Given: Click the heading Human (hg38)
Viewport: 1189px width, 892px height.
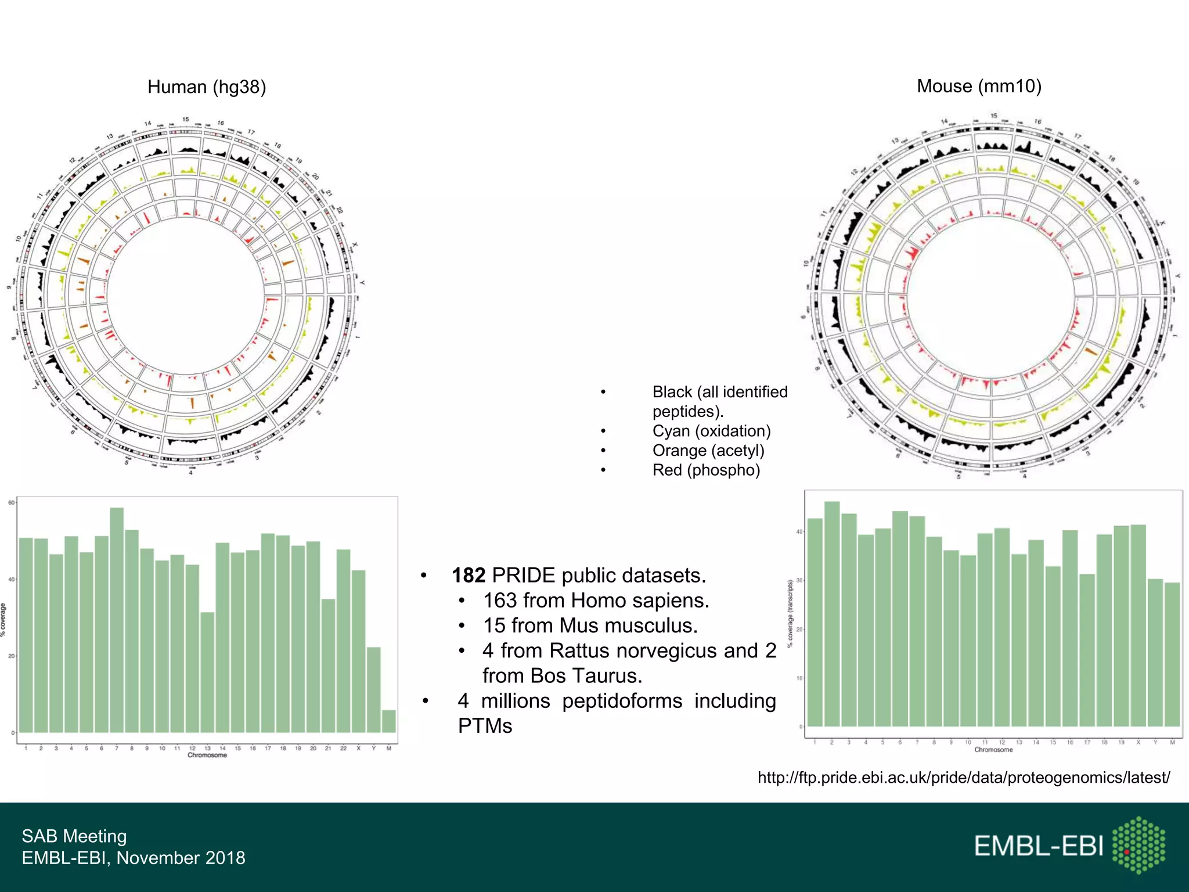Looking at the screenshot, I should [207, 87].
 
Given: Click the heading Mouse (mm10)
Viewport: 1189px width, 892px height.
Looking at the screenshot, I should [979, 86].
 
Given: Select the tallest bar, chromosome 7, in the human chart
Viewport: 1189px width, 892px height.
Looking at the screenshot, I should [117, 620].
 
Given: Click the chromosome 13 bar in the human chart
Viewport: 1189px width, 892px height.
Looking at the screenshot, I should [207, 672].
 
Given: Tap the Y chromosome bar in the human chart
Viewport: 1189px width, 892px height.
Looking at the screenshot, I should [374, 689].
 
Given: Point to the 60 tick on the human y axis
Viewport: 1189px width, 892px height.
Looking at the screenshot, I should [11, 503].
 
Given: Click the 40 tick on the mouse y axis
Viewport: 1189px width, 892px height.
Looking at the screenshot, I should [799, 531].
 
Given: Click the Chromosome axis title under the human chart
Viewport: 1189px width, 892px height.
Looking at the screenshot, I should [207, 756].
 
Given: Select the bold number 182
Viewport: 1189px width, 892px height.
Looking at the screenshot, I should [468, 576].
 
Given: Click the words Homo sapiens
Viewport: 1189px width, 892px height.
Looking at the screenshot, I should [639, 600].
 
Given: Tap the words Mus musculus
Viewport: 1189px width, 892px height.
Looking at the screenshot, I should [628, 625].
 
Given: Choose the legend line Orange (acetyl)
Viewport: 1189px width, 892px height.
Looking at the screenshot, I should [708, 451].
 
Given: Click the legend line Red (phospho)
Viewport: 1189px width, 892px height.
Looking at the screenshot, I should [706, 470].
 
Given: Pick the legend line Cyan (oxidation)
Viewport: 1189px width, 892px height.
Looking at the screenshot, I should [711, 431].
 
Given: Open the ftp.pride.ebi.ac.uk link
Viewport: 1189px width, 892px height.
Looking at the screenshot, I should [963, 778].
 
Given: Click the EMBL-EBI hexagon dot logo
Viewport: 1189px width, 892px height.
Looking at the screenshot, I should [1138, 845].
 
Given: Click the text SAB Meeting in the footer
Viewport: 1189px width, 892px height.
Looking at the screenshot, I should [74, 836].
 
